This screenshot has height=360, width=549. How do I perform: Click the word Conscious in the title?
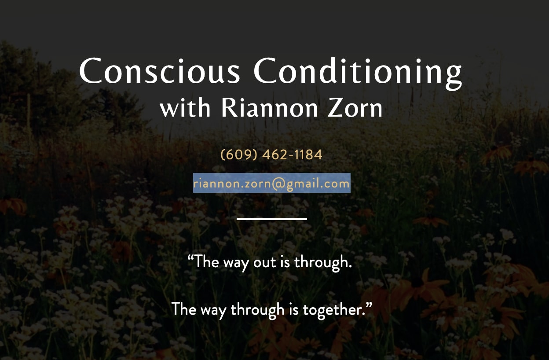tap(159, 71)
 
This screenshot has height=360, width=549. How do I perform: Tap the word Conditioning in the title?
tap(358, 71)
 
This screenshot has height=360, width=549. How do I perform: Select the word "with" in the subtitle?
tap(185, 108)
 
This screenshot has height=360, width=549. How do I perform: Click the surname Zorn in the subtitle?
tap(355, 108)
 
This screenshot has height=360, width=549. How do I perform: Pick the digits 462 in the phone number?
tap(274, 155)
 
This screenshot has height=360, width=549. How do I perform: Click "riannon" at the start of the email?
tap(212, 184)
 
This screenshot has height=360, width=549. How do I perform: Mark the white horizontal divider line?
tap(271, 219)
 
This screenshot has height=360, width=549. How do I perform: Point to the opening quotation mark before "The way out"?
tap(190, 258)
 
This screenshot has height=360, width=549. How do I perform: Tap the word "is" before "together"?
tap(294, 309)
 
